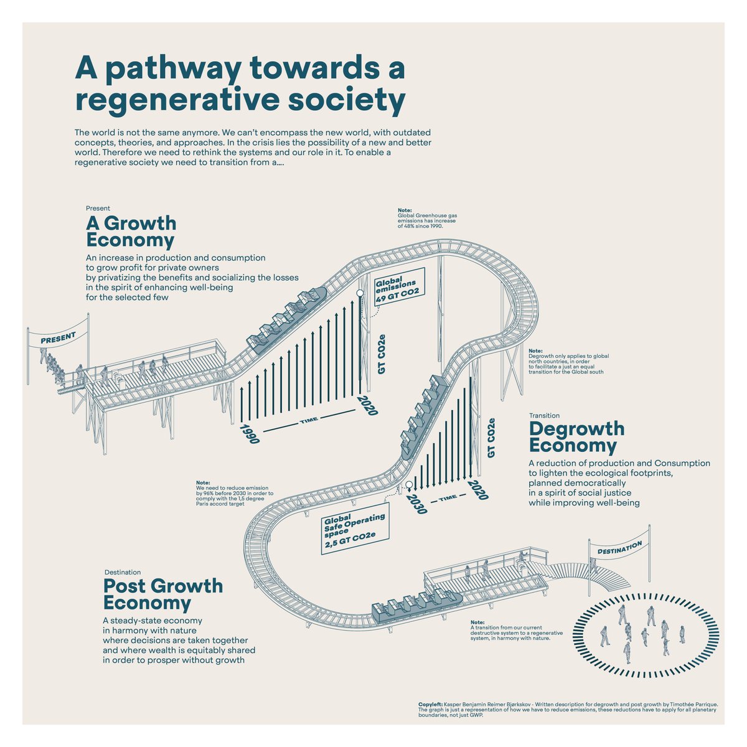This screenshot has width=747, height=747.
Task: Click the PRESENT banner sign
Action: (58, 338)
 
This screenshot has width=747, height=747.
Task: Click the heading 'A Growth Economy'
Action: (131, 232)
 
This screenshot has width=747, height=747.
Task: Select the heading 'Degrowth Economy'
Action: (576, 437)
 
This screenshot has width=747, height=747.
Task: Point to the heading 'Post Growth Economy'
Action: (162, 594)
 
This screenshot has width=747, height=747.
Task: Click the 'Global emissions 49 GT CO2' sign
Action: (399, 288)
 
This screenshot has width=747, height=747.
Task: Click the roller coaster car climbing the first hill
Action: (288, 318)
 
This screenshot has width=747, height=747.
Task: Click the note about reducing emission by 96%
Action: (234, 493)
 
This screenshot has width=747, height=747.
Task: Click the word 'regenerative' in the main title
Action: (181, 100)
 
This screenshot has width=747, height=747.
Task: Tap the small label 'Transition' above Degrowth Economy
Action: (544, 415)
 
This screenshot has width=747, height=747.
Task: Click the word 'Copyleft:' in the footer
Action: (431, 704)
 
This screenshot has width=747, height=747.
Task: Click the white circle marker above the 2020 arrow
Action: (359, 292)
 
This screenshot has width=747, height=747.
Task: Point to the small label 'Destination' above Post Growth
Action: (123, 572)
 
